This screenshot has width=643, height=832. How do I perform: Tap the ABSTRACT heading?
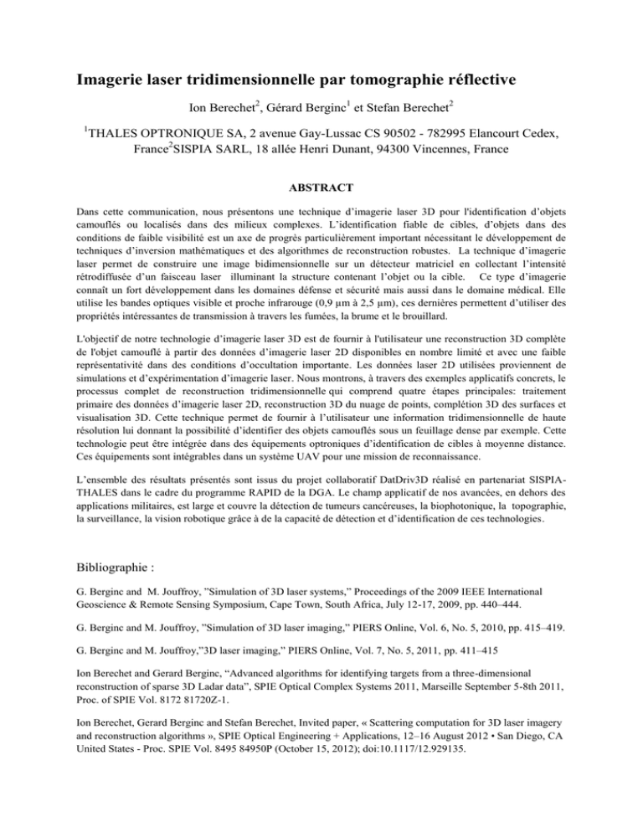click(x=321, y=189)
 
